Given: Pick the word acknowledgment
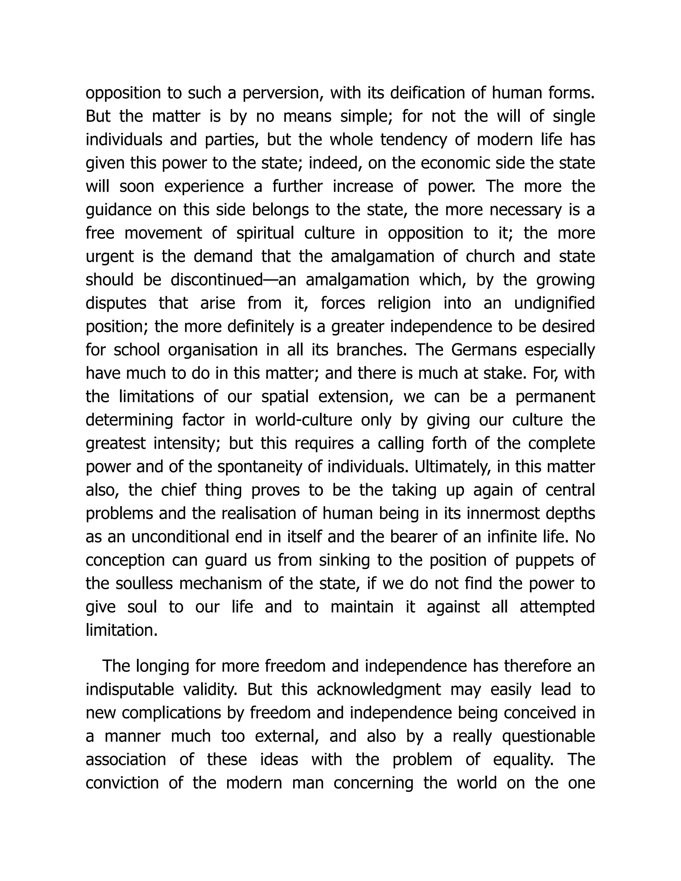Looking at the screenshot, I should click(379, 690).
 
